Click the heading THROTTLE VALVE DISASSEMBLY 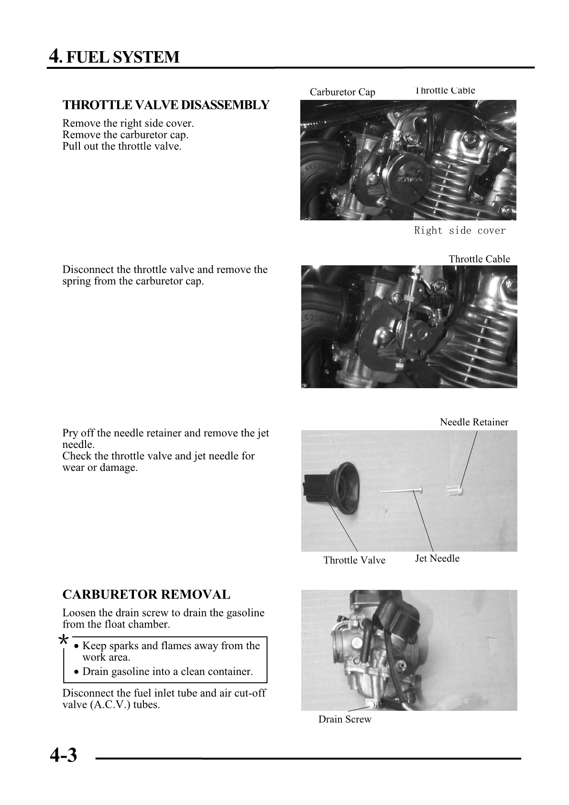point(166,105)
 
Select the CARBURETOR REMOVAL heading point(146,595)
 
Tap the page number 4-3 point(63,755)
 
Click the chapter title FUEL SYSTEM point(122,57)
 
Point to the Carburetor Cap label point(342,92)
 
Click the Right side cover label point(460,231)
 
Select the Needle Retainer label point(474,422)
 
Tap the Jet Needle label point(437,558)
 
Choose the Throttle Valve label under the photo point(354,560)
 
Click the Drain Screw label point(345,719)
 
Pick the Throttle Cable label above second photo point(479,259)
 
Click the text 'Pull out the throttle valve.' point(122,146)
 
